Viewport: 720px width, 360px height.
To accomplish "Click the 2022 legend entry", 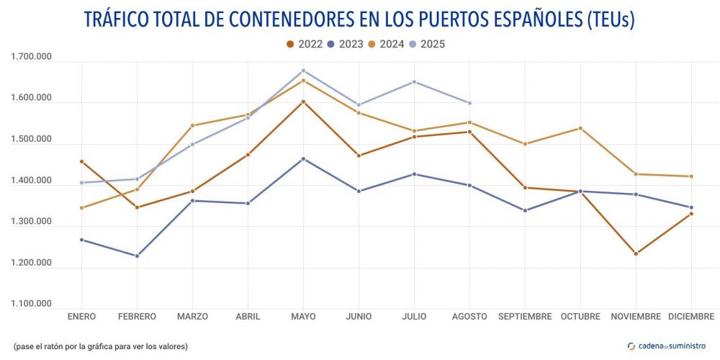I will (x=304, y=44).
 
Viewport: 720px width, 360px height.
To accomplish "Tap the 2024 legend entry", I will (x=385, y=44).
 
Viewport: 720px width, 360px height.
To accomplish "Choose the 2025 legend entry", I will (x=426, y=44).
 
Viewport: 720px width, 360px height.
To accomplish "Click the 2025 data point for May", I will (x=303, y=71).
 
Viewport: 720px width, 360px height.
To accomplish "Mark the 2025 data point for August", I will (x=469, y=103).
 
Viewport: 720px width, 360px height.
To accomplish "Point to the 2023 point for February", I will (x=137, y=256).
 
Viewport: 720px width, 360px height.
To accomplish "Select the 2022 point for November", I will (x=636, y=253).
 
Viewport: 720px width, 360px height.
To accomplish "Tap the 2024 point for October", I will (x=580, y=128).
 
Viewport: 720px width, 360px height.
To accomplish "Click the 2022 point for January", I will (x=81, y=161).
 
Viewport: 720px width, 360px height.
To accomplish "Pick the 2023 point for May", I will (x=303, y=158).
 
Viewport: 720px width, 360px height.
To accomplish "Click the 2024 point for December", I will (x=691, y=176).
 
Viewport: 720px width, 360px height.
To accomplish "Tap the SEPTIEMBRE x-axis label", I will (x=525, y=317).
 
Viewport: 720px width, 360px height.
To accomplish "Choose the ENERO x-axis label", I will (x=81, y=317).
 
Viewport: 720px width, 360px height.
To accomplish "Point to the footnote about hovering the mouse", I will (x=100, y=346).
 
